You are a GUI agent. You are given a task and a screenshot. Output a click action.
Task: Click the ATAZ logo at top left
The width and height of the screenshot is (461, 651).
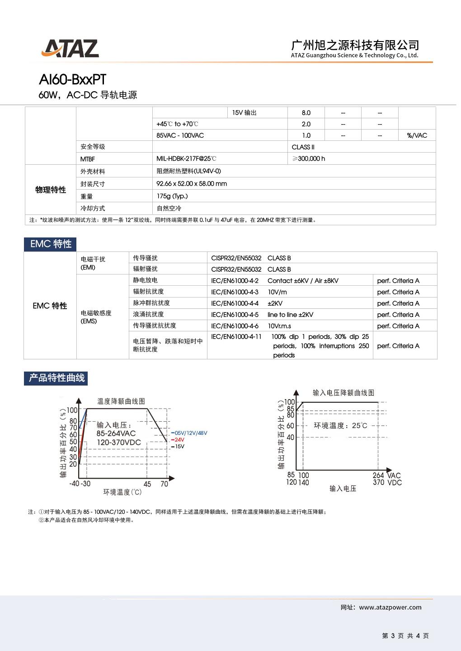[70, 48]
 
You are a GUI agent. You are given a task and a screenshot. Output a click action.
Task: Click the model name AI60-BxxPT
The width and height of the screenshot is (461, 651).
[73, 79]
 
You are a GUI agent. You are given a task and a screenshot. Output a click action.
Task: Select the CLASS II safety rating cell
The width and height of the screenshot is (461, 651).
[303, 147]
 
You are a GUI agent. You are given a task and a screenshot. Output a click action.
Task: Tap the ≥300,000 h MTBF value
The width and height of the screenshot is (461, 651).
[309, 158]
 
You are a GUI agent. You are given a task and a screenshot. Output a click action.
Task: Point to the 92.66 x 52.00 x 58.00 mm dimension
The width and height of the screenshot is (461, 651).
[192, 184]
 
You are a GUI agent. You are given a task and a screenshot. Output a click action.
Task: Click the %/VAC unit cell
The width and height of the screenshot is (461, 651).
[417, 135]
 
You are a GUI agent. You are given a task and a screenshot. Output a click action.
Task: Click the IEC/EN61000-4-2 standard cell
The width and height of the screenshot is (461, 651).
[235, 280]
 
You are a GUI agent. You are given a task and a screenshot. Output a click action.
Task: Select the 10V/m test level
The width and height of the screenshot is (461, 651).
[277, 292]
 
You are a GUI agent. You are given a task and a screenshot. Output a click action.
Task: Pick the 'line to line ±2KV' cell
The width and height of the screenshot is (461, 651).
[290, 315]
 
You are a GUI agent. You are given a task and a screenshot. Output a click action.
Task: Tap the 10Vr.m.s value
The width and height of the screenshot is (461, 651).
[279, 326]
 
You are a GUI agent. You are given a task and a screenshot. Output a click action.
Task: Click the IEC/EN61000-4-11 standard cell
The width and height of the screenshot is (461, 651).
[236, 337]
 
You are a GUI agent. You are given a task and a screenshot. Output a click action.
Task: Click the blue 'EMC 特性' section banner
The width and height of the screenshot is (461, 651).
[51, 244]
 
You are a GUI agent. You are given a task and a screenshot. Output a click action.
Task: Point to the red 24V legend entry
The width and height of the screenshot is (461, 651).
[179, 440]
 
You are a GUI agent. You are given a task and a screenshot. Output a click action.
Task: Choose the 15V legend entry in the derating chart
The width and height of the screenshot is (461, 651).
[179, 446]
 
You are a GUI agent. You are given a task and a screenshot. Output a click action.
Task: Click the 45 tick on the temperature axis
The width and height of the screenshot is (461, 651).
[147, 484]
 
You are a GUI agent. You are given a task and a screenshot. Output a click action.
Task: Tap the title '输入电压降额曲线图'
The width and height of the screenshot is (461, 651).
[343, 393]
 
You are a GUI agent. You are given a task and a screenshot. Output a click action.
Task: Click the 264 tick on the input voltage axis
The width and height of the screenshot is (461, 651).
[378, 475]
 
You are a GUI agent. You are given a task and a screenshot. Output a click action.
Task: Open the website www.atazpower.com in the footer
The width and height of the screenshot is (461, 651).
[390, 607]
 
